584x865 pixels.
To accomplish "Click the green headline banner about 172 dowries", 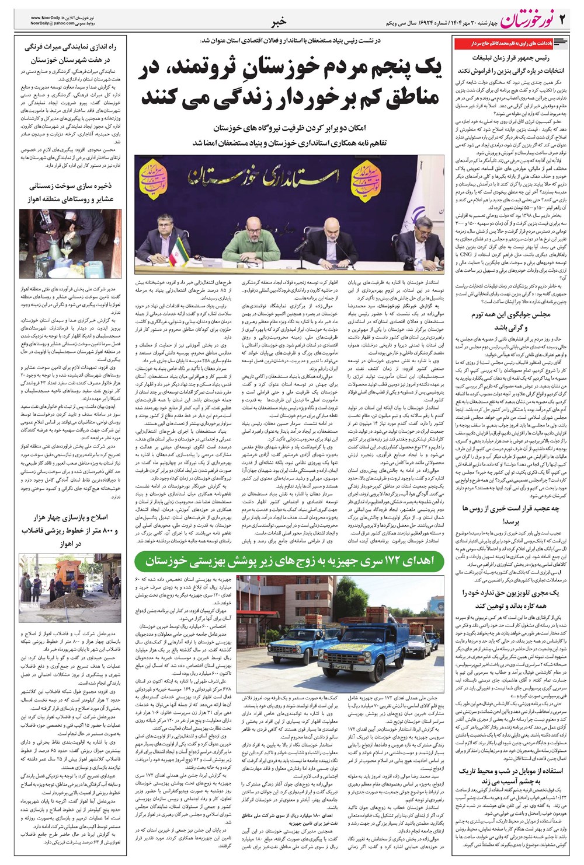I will pyautogui.click(x=289, y=561).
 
